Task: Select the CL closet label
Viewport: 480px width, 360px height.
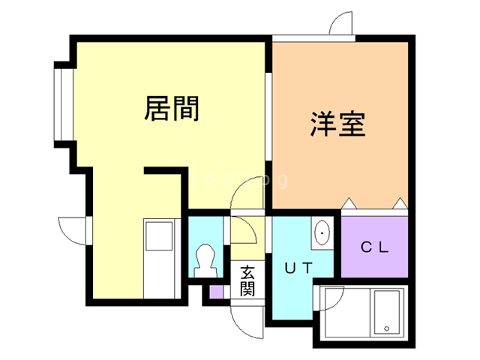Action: pyautogui.click(x=374, y=247)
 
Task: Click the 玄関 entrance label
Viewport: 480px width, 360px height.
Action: pyautogui.click(x=248, y=280)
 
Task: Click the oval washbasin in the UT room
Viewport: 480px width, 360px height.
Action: pyautogui.click(x=322, y=233)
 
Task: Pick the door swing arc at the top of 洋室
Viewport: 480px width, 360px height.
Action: pyautogui.click(x=341, y=23)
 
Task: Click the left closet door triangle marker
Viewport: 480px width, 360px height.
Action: pyautogui.click(x=348, y=202)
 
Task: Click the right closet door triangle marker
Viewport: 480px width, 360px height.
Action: pyautogui.click(x=399, y=202)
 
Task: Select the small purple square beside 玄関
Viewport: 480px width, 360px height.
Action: pyautogui.click(x=216, y=291)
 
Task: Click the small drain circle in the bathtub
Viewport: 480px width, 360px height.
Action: pyautogui.click(x=385, y=328)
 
